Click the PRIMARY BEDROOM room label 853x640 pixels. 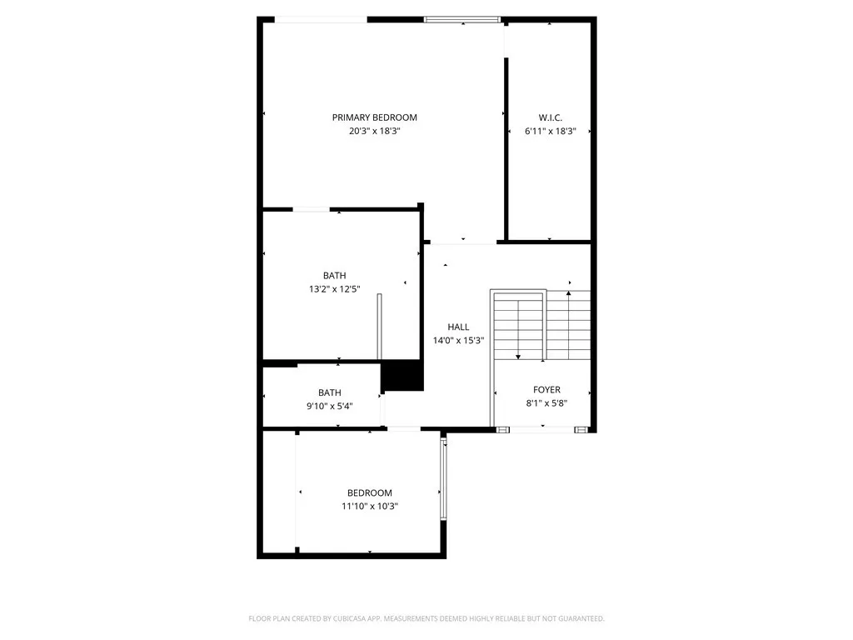374,117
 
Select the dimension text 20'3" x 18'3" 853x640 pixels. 374,131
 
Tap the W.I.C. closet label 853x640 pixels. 550,117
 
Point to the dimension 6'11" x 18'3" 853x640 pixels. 550,131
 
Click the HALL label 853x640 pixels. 458,327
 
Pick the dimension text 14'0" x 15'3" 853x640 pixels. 458,340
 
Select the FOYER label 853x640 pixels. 546,389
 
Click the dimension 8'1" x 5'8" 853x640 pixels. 546,402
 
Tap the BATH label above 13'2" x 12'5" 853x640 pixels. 335,275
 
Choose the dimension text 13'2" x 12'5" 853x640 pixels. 335,288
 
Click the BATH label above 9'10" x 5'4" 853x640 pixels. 329,392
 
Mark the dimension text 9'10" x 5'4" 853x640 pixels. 329,406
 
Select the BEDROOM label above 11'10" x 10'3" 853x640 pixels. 369,492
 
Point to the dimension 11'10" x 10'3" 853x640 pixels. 369,506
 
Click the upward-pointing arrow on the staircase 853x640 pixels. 569,294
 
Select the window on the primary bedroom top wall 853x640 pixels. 462,18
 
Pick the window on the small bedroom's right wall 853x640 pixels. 444,481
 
